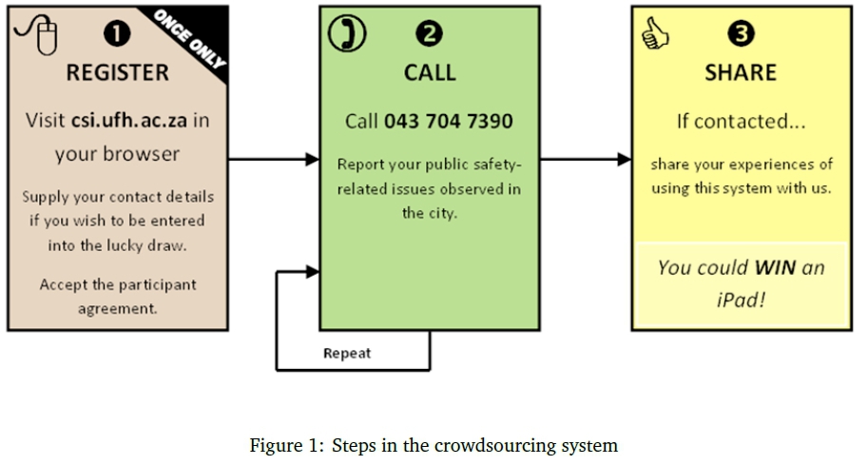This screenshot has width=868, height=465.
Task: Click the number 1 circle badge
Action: coord(117,33)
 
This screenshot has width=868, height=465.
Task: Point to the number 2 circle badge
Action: coord(430,33)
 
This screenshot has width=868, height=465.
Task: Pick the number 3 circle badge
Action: coord(742,34)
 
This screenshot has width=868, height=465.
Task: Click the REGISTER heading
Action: coord(117,73)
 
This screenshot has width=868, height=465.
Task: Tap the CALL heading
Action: coord(430,73)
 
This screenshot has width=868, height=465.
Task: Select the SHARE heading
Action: coord(741,73)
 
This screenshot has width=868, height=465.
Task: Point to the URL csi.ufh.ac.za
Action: coord(130,121)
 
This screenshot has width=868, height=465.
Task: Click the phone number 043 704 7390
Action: coord(448,122)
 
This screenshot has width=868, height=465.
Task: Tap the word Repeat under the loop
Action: coord(347,354)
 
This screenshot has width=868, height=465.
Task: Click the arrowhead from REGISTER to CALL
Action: coord(312,160)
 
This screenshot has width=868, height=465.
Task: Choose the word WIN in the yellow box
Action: coord(775,267)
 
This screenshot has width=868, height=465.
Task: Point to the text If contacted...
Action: coord(733,122)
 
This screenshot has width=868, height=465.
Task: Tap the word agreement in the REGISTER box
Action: coord(118,307)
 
